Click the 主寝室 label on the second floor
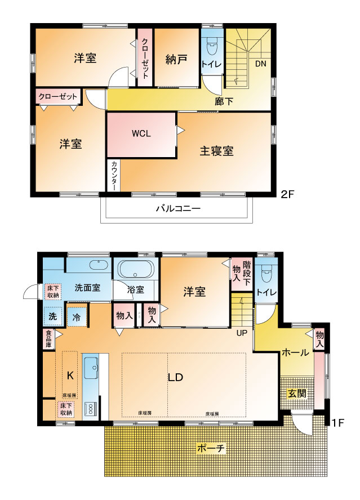click(x=217, y=151)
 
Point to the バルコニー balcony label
click(x=178, y=208)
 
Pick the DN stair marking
click(x=260, y=64)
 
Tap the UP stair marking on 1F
click(x=241, y=333)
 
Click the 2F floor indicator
click(x=288, y=195)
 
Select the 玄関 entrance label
click(x=297, y=393)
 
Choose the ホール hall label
click(x=295, y=353)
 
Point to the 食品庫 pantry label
click(x=48, y=340)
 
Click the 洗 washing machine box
click(x=52, y=316)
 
